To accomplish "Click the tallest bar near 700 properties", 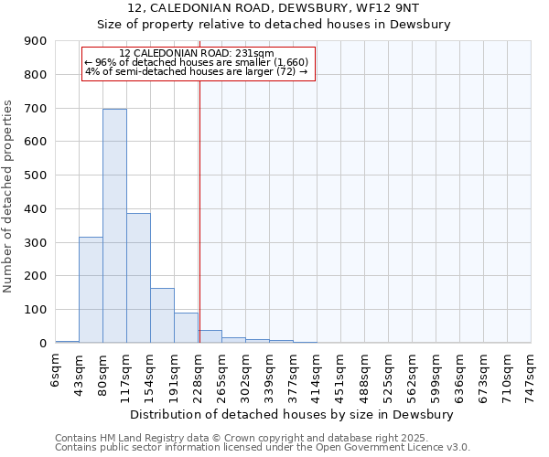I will click(114, 226).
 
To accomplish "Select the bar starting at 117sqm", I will click(138, 278).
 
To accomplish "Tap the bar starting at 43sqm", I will click(91, 290).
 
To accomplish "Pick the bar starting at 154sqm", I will click(162, 315).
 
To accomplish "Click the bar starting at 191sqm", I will click(186, 327).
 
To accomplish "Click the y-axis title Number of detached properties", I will click(9, 196).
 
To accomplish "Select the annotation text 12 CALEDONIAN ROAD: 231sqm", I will click(197, 53).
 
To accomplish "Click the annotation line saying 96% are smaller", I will click(197, 62).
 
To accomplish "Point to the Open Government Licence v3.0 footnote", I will click(263, 447).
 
